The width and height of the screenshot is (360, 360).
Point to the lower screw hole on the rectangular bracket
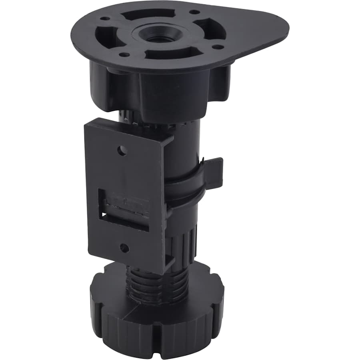(124, 248)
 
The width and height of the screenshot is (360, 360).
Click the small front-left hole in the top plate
(125, 54)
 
